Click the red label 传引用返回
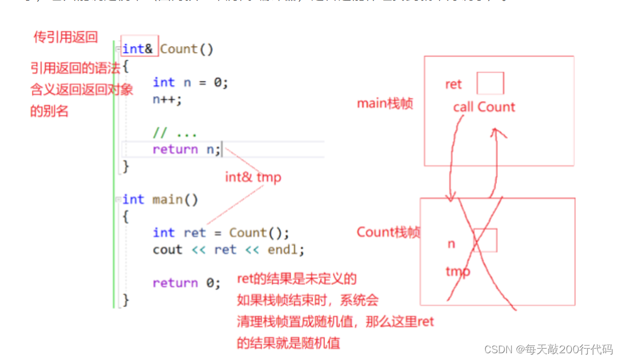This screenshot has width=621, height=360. click(66, 38)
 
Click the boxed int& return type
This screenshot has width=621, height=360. click(138, 49)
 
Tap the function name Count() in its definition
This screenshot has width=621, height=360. click(186, 49)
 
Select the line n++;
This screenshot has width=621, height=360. click(168, 99)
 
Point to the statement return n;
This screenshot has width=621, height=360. click(187, 150)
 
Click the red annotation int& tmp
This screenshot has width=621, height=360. click(253, 177)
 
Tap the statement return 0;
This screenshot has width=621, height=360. click(186, 283)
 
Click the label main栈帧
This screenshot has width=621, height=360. click(385, 103)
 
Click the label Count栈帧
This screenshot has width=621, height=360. click(388, 232)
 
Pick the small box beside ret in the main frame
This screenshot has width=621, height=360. click(490, 84)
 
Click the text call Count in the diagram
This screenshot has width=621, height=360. click(484, 107)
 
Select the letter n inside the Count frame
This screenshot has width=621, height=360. click(451, 244)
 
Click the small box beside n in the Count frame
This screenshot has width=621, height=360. click(485, 240)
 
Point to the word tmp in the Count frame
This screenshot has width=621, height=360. click(458, 272)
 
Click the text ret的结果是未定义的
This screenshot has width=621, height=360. click(297, 279)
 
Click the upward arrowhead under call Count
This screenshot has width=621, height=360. click(496, 131)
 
